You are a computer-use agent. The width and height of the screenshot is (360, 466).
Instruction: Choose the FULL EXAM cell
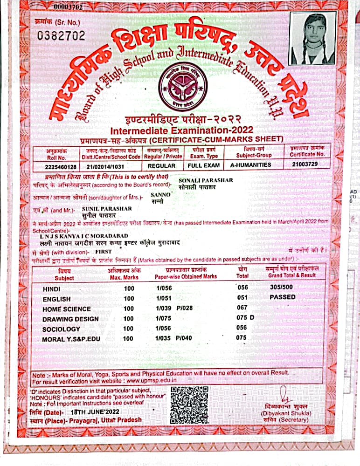(x=203, y=165)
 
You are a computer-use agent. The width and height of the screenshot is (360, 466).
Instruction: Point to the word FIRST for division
(x=104, y=250)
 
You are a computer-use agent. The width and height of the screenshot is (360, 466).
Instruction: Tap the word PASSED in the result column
(x=283, y=297)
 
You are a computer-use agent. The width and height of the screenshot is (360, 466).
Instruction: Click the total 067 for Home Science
(x=242, y=308)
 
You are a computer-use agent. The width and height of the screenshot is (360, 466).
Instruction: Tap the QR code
(x=188, y=404)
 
